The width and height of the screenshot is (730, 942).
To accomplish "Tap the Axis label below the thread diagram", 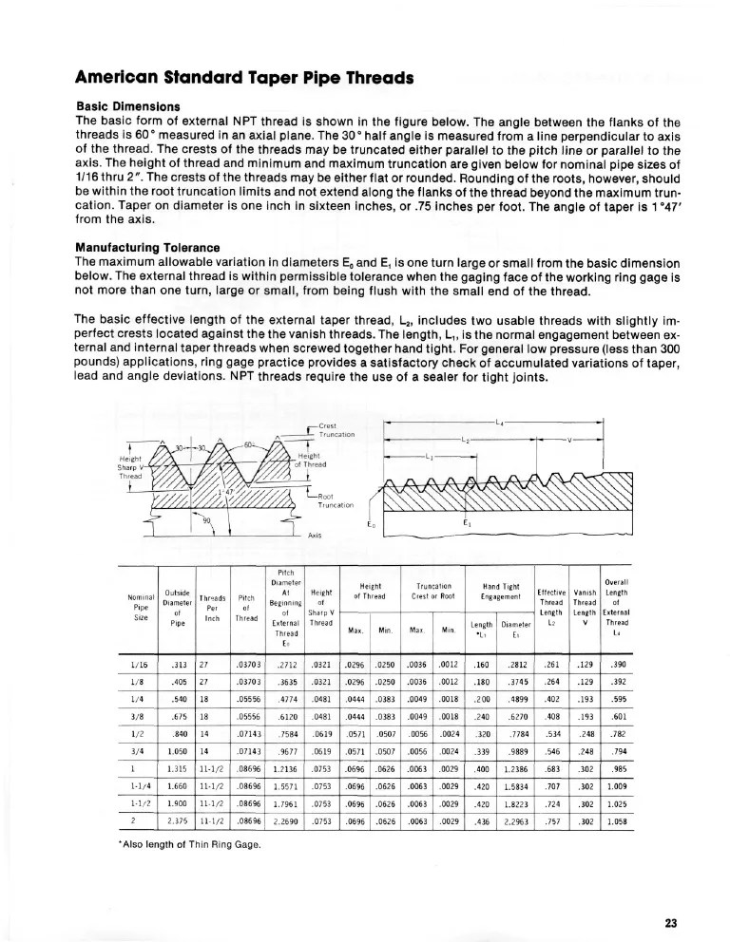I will (x=315, y=535).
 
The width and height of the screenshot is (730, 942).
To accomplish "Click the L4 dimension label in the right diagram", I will (x=501, y=421).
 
